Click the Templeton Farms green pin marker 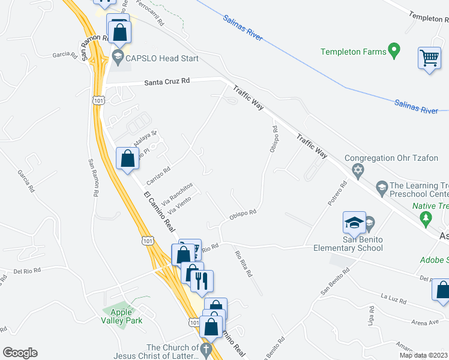pyautogui.click(x=394, y=51)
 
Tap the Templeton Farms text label pyautogui.click(x=354, y=52)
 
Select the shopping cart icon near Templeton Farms pyautogui.click(x=429, y=59)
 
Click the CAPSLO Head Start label pyautogui.click(x=155, y=59)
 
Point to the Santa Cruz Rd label pyautogui.click(x=167, y=81)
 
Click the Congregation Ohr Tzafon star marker pyautogui.click(x=358, y=173)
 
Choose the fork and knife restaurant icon pyautogui.click(x=202, y=280)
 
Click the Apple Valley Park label pyautogui.click(x=125, y=316)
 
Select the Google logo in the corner pyautogui.click(x=20, y=353)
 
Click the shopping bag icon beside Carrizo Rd pyautogui.click(x=127, y=159)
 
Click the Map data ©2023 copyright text pyautogui.click(x=423, y=355)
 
